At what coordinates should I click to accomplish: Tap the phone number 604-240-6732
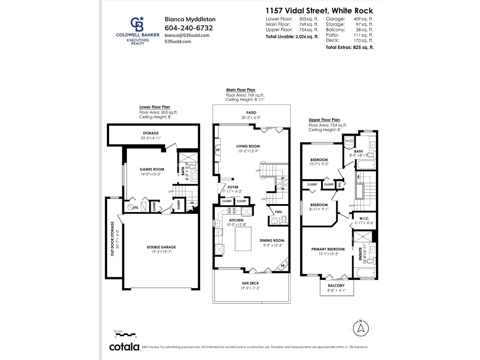pyautogui.click(x=189, y=28)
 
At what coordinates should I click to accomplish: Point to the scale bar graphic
pyautogui.click(x=125, y=334)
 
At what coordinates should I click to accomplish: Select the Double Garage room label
pyautogui.click(x=161, y=247)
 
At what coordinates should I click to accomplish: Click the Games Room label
pyautogui.click(x=152, y=169)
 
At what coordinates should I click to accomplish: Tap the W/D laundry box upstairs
pyautogui.click(x=349, y=141)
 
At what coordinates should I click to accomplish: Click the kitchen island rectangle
pyautogui.click(x=243, y=239)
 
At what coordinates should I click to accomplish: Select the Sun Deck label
pyautogui.click(x=250, y=283)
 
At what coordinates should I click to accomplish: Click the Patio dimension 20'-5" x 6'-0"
pyautogui.click(x=251, y=118)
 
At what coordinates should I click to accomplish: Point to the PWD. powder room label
pyautogui.click(x=279, y=212)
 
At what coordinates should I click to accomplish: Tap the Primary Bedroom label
pyautogui.click(x=328, y=249)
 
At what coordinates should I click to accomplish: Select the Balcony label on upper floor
pyautogui.click(x=336, y=285)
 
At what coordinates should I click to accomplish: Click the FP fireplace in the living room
pyautogui.click(x=218, y=150)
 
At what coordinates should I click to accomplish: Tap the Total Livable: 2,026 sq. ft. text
pyautogui.click(x=292, y=37)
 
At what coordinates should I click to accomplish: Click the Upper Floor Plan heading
pyautogui.click(x=324, y=120)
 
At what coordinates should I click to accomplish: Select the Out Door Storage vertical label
pyautogui.click(x=112, y=238)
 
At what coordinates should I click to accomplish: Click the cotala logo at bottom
pyautogui.click(x=124, y=347)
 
